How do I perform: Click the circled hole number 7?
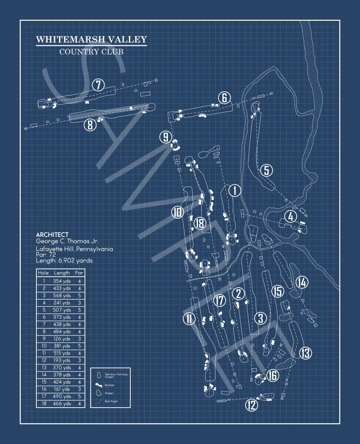(x=98, y=85)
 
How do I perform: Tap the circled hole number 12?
(x=252, y=405)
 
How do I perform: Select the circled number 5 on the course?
(x=266, y=170)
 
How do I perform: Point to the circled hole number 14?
(x=302, y=283)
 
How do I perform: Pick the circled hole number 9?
(x=166, y=137)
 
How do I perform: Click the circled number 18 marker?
(x=199, y=223)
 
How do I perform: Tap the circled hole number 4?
(x=290, y=217)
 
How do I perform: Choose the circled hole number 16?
(x=273, y=376)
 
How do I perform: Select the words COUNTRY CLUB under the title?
(x=91, y=52)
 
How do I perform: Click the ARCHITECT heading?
(x=52, y=235)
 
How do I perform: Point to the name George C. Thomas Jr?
(x=67, y=241)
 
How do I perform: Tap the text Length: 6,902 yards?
(x=64, y=260)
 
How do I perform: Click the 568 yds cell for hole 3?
(x=62, y=296)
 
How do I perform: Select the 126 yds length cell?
(x=62, y=339)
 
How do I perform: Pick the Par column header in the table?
(x=79, y=273)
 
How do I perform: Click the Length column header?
(x=62, y=273)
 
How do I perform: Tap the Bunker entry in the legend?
(x=109, y=385)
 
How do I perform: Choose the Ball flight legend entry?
(x=111, y=401)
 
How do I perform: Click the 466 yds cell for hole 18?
(x=62, y=404)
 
